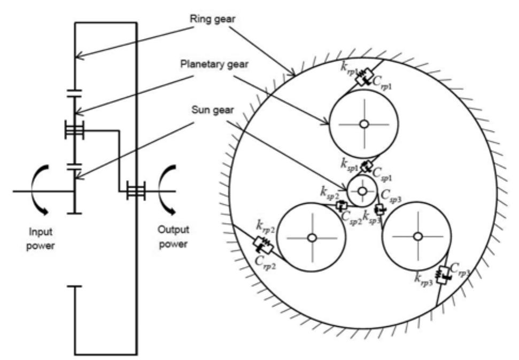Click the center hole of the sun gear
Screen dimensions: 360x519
(362, 190)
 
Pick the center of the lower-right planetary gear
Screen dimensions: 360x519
(418, 235)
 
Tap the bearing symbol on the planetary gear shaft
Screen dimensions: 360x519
(74, 129)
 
